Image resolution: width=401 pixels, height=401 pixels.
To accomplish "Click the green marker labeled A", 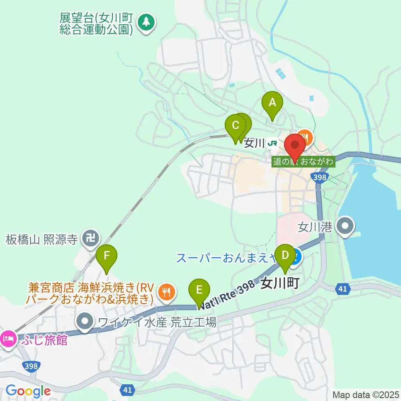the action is (x=272, y=102).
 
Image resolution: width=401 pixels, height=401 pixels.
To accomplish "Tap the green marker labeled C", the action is (x=235, y=125).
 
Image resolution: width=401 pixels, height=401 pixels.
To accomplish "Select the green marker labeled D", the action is (x=285, y=255).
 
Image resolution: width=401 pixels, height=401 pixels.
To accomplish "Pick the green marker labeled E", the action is (x=199, y=289).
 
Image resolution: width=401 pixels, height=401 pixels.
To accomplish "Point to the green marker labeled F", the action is (x=107, y=255).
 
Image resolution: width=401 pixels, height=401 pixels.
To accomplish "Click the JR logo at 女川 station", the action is (x=273, y=143).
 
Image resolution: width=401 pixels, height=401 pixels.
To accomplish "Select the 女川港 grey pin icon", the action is (x=346, y=227).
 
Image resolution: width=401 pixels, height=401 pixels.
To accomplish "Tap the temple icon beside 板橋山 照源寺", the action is (x=90, y=239).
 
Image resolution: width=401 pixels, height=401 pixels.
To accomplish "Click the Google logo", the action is (x=28, y=391).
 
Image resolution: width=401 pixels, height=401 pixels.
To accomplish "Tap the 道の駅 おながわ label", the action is (x=304, y=161).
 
